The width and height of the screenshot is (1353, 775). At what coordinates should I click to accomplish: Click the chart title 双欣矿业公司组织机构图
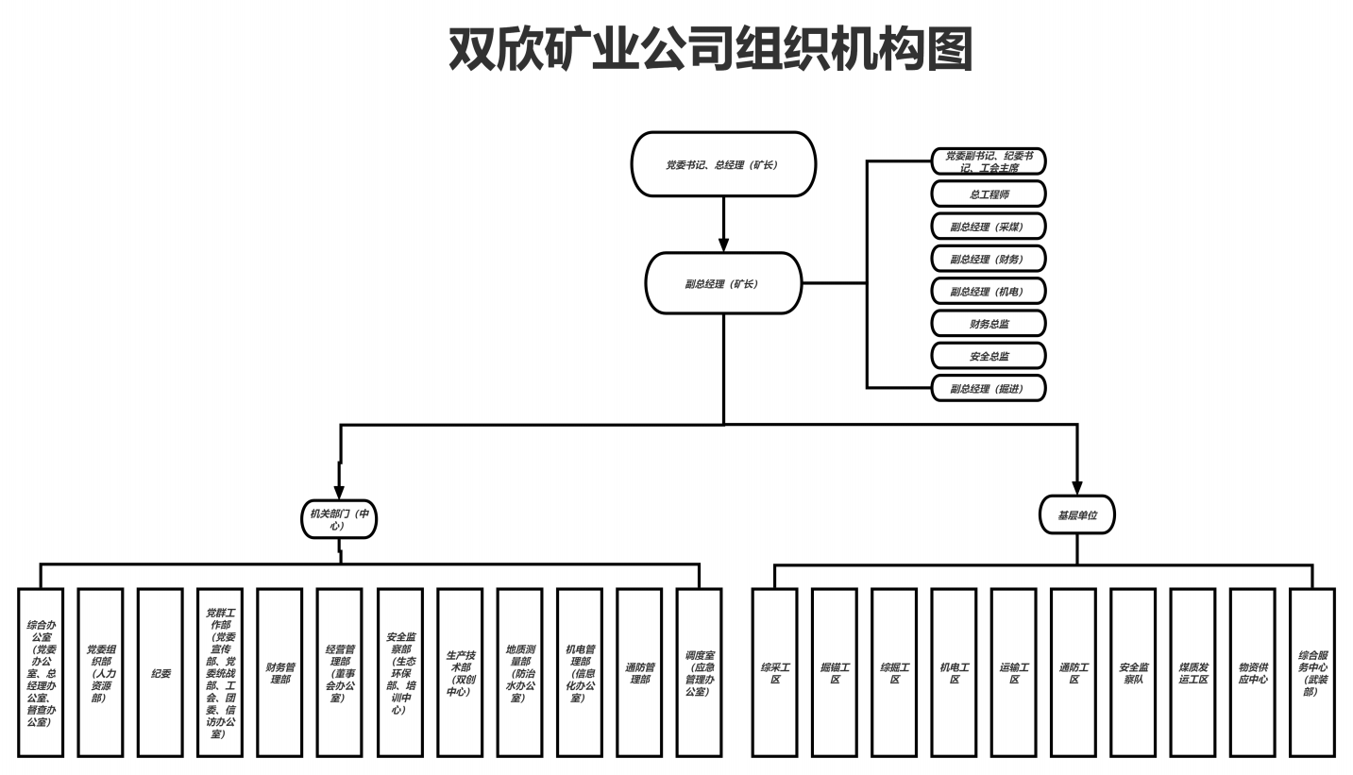[x=710, y=49]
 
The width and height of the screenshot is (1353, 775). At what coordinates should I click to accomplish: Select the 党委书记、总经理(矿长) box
[x=723, y=164]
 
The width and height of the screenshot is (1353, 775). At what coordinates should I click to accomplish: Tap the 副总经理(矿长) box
[x=723, y=283]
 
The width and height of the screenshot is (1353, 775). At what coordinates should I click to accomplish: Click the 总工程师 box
[x=989, y=194]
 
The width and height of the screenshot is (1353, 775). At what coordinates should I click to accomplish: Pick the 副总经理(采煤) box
[x=989, y=227]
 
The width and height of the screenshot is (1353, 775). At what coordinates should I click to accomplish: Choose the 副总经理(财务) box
[x=989, y=259]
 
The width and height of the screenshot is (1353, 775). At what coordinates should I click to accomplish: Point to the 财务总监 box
[x=989, y=324]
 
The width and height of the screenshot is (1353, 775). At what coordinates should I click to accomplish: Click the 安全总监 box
[x=989, y=356]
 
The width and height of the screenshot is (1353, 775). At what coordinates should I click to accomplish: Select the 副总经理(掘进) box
[x=989, y=388]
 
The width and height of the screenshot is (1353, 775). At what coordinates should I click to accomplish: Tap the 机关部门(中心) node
[x=339, y=519]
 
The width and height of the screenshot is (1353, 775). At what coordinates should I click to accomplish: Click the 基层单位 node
[x=1077, y=515]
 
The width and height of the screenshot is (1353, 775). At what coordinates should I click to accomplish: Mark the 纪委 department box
[x=161, y=673]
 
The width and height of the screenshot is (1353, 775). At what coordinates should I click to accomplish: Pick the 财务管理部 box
[x=279, y=673]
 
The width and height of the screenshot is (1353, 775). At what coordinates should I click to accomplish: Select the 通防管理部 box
[x=639, y=673]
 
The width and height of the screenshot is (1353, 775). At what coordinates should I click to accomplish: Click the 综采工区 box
[x=775, y=673]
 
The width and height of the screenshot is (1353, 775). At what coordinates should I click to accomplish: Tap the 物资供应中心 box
[x=1253, y=673]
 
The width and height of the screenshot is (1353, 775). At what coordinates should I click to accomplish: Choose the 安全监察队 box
[x=1133, y=673]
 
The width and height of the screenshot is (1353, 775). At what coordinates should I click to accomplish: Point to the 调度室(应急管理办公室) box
[x=699, y=673]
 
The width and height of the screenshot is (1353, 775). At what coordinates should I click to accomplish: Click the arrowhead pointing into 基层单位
[x=1077, y=487]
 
